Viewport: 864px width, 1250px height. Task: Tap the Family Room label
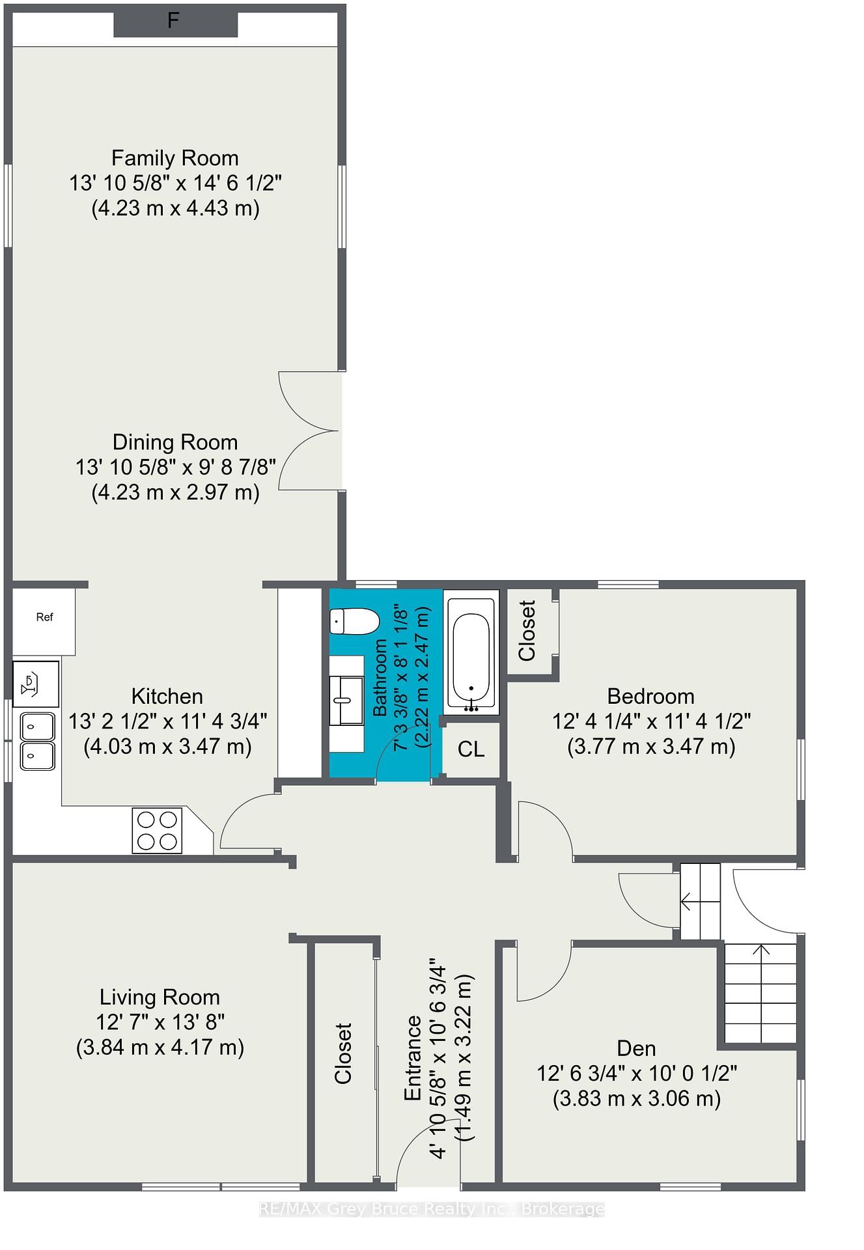click(175, 158)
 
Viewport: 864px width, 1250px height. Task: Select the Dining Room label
click(175, 442)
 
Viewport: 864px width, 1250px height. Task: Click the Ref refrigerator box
click(44, 622)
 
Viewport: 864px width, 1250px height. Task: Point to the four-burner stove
click(157, 830)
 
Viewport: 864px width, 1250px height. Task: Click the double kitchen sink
click(38, 742)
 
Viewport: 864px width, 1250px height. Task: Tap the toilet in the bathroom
click(354, 621)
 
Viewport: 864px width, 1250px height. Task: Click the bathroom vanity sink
click(346, 701)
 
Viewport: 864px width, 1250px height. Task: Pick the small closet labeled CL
click(471, 749)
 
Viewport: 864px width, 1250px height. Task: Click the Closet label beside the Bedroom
click(527, 630)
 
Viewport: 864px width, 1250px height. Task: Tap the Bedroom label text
click(651, 696)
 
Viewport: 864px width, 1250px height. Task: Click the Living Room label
click(160, 997)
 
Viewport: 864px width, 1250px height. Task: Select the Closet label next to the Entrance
click(343, 1053)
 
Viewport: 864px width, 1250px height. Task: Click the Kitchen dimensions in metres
click(167, 746)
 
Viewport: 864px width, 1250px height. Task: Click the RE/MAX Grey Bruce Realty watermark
click(432, 1210)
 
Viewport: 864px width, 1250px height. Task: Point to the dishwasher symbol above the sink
click(36, 684)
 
